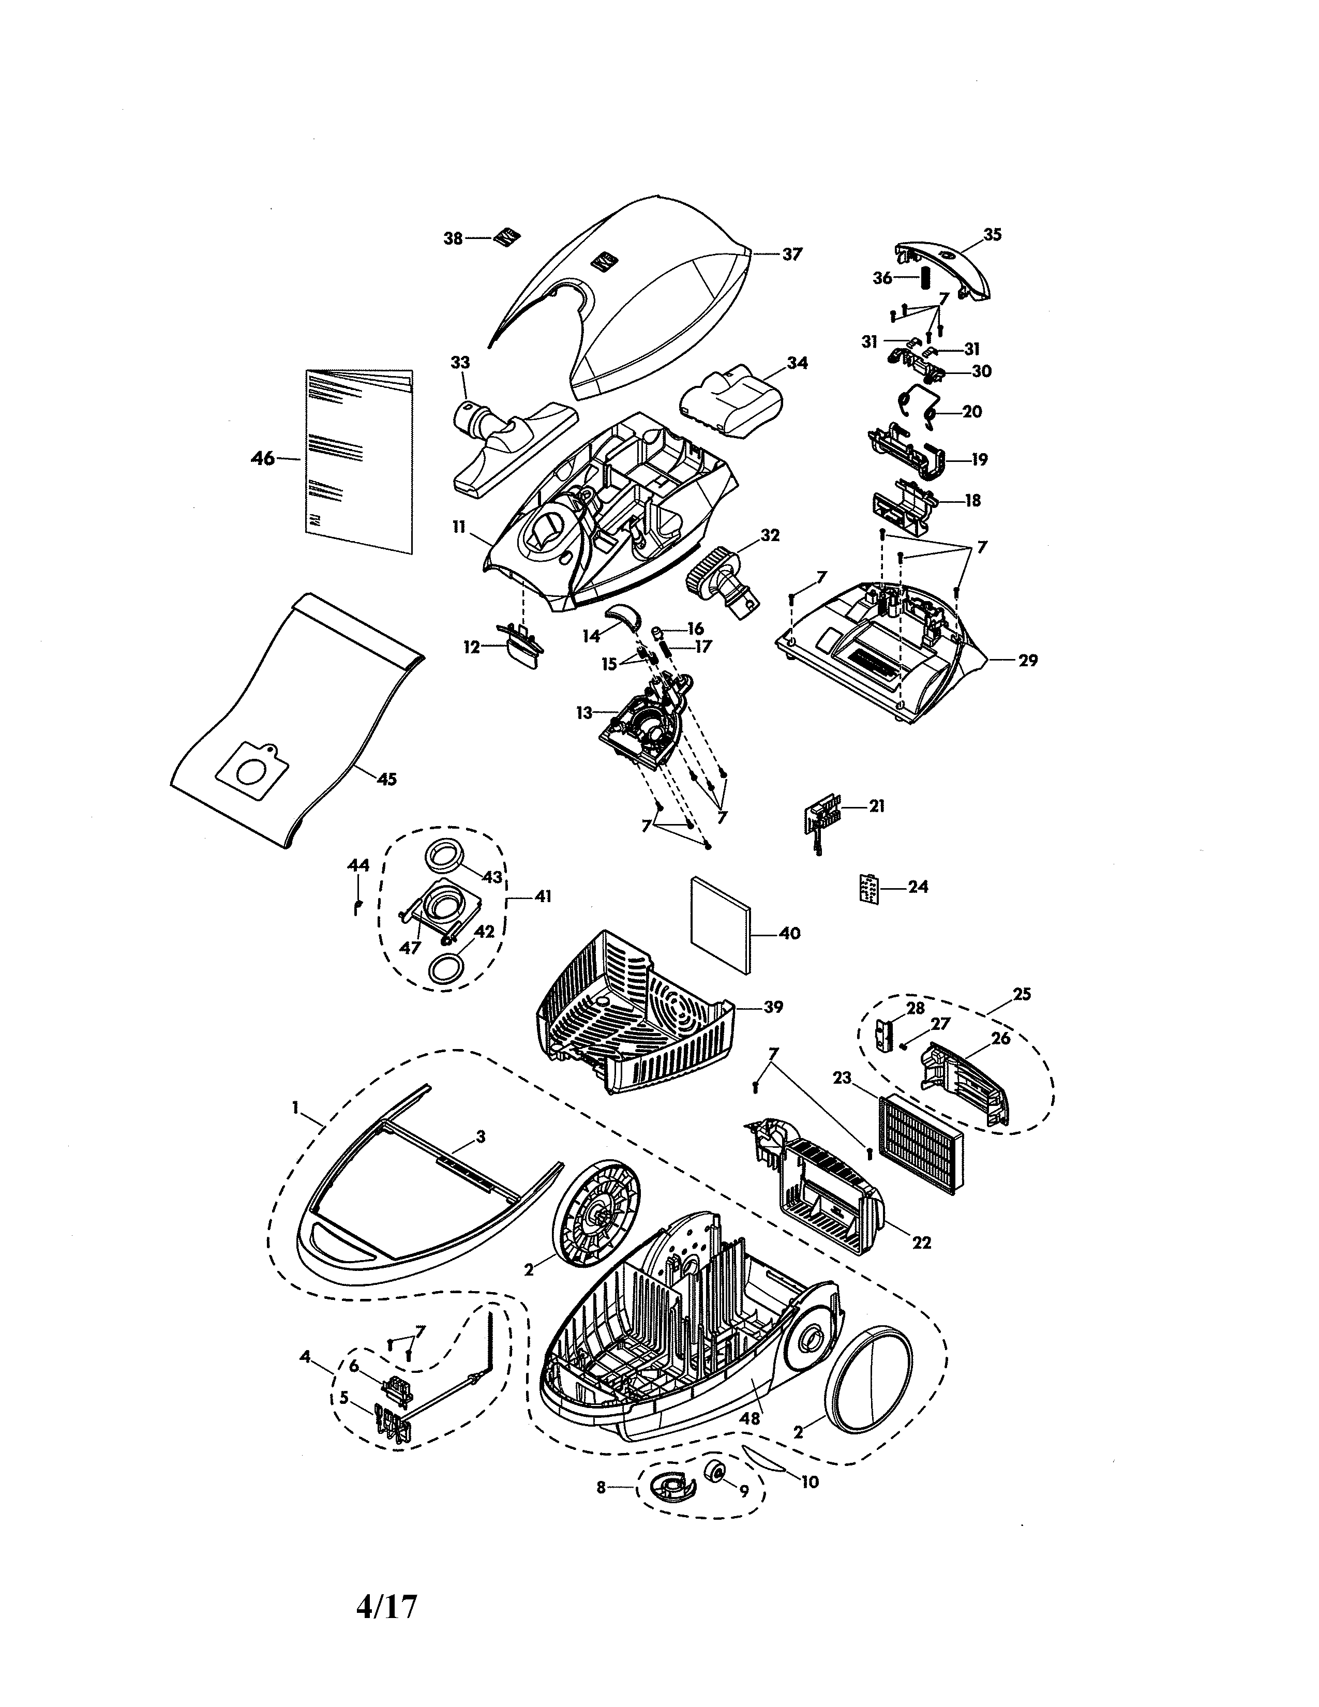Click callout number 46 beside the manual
263,459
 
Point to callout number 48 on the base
750,1418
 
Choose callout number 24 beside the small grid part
918,887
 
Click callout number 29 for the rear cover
1028,661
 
